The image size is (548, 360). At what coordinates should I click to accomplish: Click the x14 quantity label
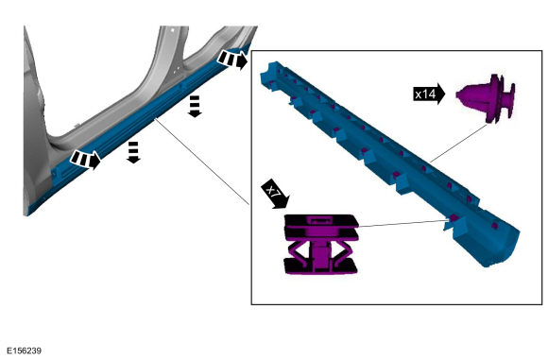[429, 94]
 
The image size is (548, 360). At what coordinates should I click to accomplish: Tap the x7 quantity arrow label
[275, 194]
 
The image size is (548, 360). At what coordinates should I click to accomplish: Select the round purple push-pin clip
[486, 98]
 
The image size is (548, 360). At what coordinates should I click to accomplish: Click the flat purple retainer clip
[321, 245]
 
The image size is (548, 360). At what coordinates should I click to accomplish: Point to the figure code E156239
[25, 351]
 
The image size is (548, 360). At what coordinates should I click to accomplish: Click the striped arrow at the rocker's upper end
[232, 60]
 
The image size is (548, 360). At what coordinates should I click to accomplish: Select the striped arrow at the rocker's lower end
[85, 160]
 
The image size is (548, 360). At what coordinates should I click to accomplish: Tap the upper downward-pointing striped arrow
[195, 106]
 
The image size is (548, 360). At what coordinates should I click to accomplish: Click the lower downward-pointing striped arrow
[133, 152]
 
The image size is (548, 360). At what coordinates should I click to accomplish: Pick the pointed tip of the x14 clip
[457, 94]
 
